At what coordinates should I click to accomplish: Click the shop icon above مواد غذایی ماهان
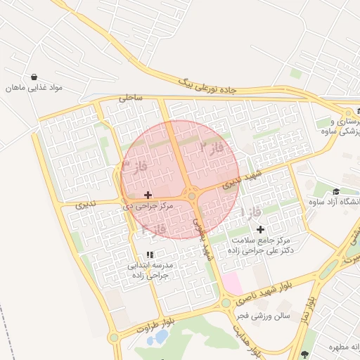(x=34, y=77)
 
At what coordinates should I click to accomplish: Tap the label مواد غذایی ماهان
(x=35, y=88)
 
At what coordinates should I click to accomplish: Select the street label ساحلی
(x=131, y=98)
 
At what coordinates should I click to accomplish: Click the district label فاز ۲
(x=211, y=148)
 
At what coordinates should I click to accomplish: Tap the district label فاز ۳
(x=134, y=166)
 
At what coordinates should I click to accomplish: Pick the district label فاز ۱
(x=251, y=212)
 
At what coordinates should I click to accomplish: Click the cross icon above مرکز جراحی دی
(x=148, y=194)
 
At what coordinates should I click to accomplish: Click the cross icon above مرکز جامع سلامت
(x=260, y=229)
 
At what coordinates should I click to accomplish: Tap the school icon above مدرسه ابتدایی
(x=149, y=254)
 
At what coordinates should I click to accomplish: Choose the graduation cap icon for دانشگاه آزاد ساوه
(x=336, y=192)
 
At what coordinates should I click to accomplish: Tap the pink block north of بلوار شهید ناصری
(x=233, y=284)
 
